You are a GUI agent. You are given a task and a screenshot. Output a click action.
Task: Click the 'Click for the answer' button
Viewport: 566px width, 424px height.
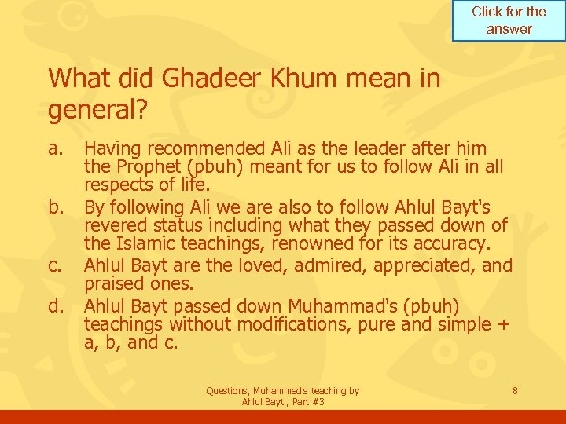[509, 20]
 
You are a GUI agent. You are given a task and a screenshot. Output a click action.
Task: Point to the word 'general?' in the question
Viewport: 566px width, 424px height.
[97, 110]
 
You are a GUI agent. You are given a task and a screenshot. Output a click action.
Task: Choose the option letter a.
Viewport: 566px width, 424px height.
[54, 148]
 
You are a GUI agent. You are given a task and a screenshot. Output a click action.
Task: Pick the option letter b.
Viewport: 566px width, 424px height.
[55, 208]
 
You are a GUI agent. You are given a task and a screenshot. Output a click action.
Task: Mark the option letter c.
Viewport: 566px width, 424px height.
[54, 266]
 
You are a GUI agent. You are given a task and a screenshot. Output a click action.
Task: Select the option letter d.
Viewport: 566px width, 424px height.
[55, 305]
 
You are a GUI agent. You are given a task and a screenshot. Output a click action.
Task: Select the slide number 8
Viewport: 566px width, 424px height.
[514, 390]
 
